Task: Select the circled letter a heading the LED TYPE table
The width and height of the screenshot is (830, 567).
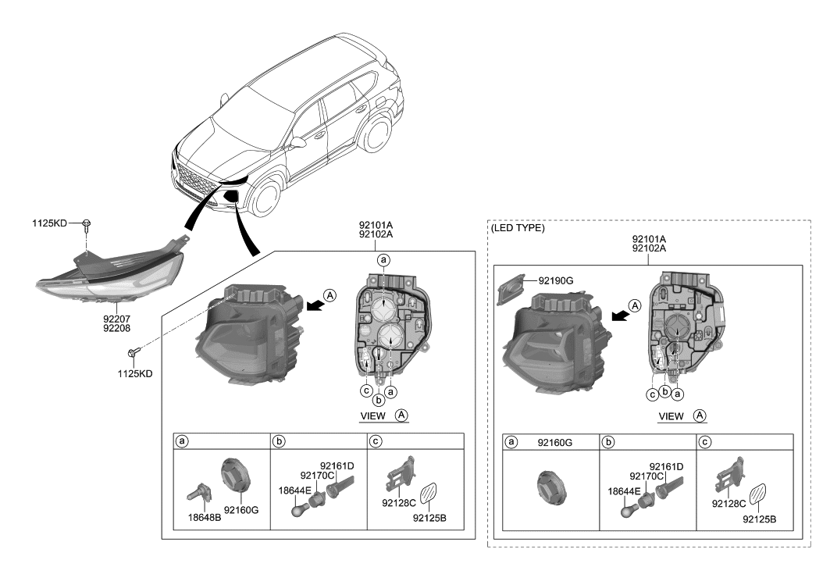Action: pos(512,442)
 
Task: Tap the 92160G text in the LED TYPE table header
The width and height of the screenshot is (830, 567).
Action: pos(555,442)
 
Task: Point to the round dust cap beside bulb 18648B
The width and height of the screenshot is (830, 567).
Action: pos(234,476)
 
